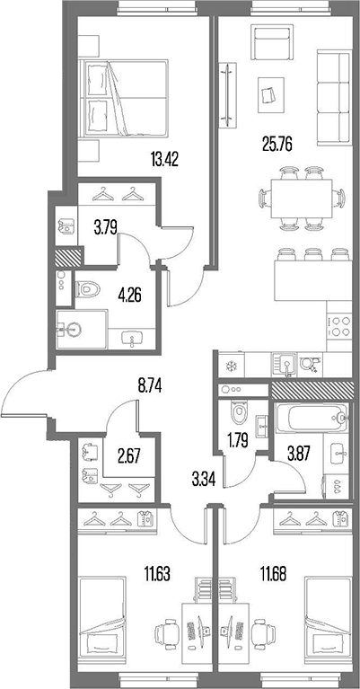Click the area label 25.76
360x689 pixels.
coord(277,142)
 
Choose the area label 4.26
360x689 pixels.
coord(132,290)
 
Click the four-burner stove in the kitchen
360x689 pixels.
coord(338,324)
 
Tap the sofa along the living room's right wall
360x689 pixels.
coord(335,99)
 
